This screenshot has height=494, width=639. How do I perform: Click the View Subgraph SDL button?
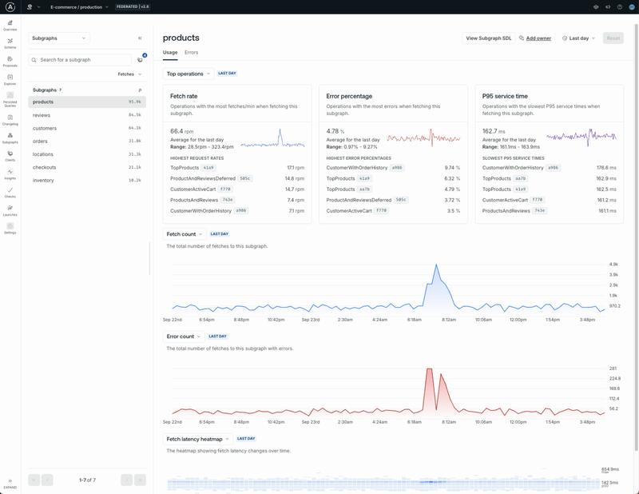click(x=489, y=38)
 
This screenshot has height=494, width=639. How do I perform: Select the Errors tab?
click(x=191, y=53)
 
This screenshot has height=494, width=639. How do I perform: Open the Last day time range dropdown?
click(x=579, y=38)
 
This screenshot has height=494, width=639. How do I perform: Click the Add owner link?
click(x=538, y=38)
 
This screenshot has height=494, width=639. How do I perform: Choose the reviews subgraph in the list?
click(x=42, y=115)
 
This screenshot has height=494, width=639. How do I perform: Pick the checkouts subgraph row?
click(x=46, y=167)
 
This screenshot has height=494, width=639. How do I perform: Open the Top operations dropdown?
click(x=189, y=74)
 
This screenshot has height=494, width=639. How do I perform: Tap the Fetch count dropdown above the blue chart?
click(x=185, y=234)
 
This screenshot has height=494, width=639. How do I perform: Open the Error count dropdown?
click(x=184, y=337)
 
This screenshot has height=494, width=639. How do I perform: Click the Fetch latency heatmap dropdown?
click(x=199, y=439)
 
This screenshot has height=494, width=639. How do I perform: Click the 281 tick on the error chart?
click(x=613, y=369)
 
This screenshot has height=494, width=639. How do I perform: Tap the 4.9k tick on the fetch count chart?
click(x=613, y=264)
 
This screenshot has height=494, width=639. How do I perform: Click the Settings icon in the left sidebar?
click(x=10, y=228)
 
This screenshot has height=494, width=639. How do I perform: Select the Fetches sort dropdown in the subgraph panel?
click(x=129, y=74)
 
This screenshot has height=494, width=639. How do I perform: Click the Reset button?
click(x=613, y=38)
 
